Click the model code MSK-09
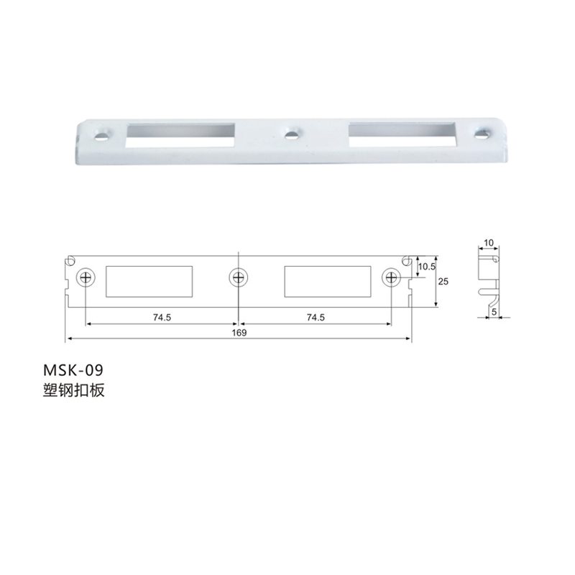(x=73, y=370)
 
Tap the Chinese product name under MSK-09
(x=74, y=390)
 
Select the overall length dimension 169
(x=239, y=333)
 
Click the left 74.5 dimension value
(x=162, y=317)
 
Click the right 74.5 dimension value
(x=316, y=317)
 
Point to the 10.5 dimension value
(x=426, y=267)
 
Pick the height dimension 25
(x=443, y=281)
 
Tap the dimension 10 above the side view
(x=489, y=243)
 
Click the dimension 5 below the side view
(x=494, y=312)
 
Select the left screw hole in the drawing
(x=86, y=277)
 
